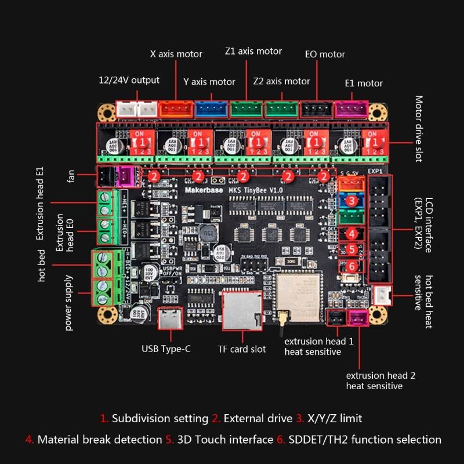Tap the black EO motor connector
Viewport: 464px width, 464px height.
click(x=317, y=108)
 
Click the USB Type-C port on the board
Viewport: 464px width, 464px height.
click(x=172, y=318)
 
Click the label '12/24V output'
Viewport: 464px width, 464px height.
click(x=129, y=80)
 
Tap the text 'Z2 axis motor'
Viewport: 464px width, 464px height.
click(x=281, y=81)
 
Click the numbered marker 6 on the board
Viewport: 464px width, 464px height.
click(x=351, y=266)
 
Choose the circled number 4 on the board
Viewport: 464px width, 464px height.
click(x=351, y=234)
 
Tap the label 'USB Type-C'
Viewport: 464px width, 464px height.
click(x=166, y=349)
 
